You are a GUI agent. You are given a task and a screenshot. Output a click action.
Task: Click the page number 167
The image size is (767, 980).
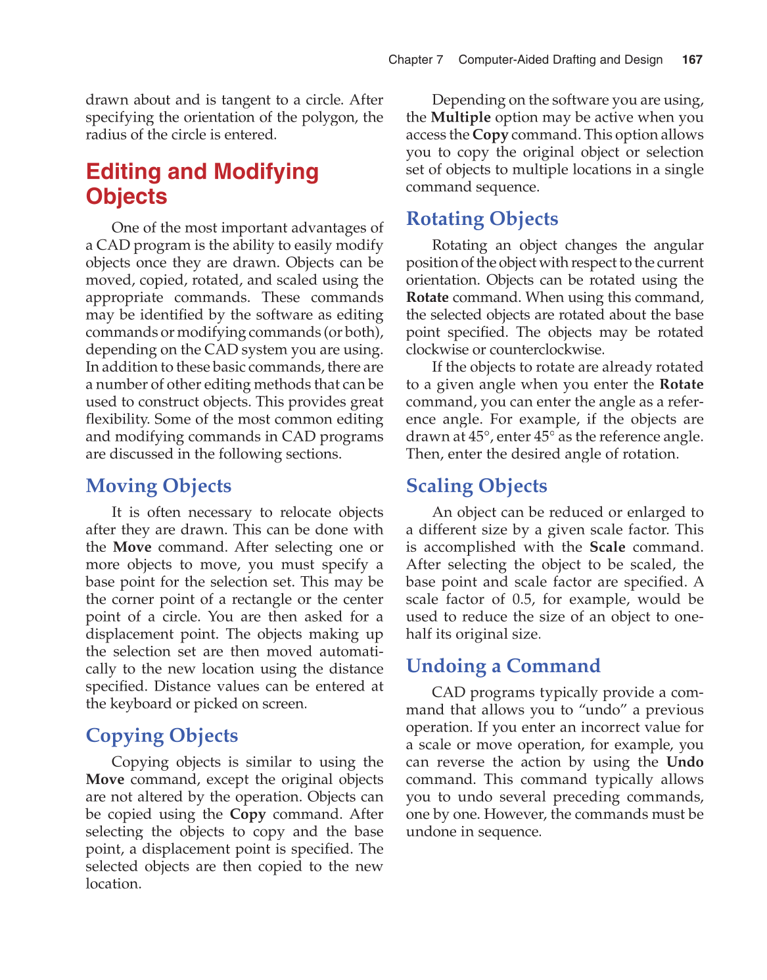click(692, 60)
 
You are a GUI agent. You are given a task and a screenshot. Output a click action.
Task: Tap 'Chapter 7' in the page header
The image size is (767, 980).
click(415, 60)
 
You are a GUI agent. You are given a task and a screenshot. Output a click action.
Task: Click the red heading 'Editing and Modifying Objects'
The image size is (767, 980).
click(202, 184)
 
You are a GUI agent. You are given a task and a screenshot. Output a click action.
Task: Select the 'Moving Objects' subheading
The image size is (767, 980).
click(158, 485)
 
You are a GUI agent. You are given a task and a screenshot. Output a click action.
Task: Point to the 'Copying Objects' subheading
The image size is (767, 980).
click(162, 735)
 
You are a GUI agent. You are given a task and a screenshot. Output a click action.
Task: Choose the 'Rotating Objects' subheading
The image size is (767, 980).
click(482, 218)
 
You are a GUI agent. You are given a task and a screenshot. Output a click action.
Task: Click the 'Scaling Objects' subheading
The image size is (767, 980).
click(476, 485)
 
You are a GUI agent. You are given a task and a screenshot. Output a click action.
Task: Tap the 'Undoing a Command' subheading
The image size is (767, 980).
click(503, 666)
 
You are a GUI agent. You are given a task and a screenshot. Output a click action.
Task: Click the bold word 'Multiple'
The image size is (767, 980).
click(461, 118)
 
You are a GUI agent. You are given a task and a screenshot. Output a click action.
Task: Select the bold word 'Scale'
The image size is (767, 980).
click(607, 547)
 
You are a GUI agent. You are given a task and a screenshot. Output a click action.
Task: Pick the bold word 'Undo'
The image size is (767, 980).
click(684, 762)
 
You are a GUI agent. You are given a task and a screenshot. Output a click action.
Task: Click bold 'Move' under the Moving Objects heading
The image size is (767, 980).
click(132, 547)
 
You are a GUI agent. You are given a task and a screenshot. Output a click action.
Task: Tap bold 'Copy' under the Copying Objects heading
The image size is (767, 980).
click(248, 814)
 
